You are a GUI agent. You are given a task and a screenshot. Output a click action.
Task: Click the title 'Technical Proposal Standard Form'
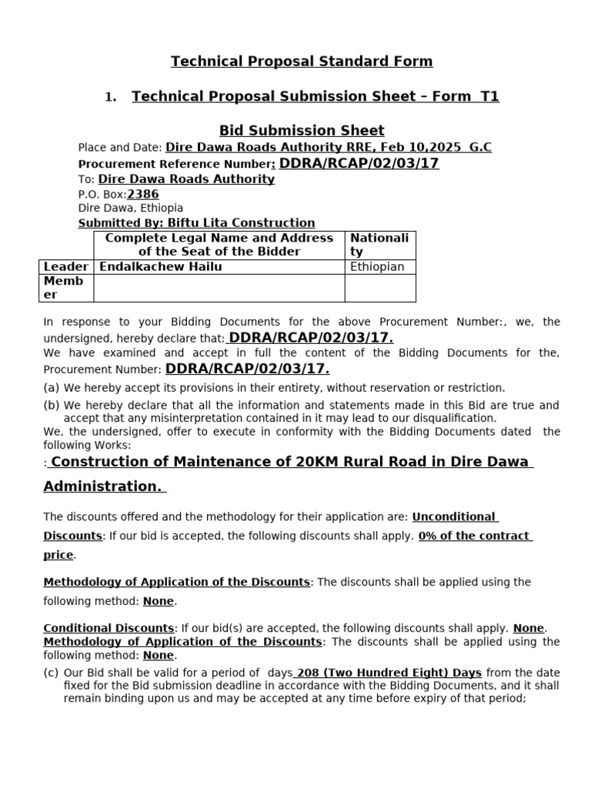[302, 61]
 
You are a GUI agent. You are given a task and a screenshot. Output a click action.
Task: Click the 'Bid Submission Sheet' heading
[302, 130]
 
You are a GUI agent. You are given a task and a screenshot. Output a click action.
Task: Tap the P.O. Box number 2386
[142, 195]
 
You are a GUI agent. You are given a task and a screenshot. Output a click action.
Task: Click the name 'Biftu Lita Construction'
[241, 223]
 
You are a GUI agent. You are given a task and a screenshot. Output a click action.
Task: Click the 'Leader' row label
[65, 267]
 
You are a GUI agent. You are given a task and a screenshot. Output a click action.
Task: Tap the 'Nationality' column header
[379, 245]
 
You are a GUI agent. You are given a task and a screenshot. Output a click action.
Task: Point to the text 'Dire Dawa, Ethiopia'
[131, 209]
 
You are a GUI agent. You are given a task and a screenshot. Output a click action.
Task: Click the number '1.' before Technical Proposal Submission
[111, 97]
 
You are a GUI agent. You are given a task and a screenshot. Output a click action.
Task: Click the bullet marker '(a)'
[52, 388]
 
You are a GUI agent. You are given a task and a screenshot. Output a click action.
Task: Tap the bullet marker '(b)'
[52, 406]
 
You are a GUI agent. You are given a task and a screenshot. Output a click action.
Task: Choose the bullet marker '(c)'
[52, 673]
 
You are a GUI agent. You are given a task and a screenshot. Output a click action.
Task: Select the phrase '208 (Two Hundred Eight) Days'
[389, 673]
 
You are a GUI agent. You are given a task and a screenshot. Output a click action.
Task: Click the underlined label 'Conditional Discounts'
[109, 628]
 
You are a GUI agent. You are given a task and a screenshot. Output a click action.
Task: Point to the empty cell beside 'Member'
[219, 288]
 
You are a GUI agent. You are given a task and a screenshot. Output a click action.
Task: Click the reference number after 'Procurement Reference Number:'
[359, 163]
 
